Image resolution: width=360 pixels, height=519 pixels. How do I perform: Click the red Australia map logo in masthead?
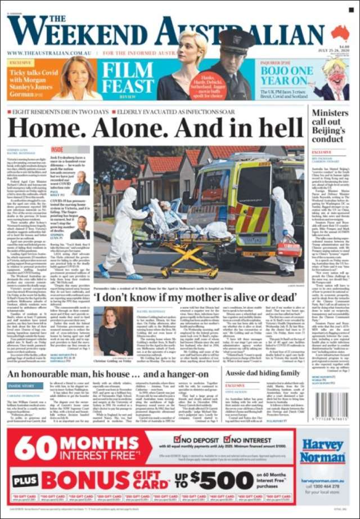point(340,33)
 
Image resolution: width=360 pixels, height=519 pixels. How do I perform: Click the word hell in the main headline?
point(280,128)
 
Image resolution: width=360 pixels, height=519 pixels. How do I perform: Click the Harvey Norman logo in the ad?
point(322,450)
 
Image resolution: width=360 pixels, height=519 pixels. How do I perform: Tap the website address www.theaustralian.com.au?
point(49,53)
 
